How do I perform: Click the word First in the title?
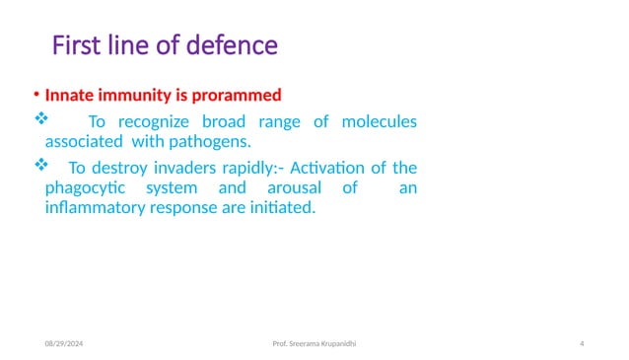click(x=74, y=46)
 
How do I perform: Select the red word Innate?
click(x=71, y=96)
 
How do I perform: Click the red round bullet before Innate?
click(x=35, y=96)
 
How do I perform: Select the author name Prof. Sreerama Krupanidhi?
click(x=315, y=342)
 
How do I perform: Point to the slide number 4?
click(x=582, y=342)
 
